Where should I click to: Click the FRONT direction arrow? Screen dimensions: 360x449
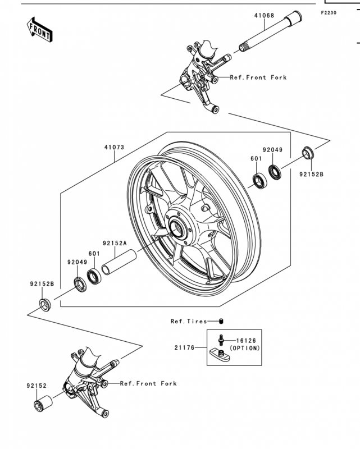[39, 30]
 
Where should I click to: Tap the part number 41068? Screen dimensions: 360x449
[264, 16]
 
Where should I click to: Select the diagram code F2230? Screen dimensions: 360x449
[329, 12]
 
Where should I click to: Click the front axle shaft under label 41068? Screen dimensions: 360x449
[270, 31]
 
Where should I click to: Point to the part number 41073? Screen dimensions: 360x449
[114, 147]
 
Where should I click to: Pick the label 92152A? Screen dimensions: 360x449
[115, 243]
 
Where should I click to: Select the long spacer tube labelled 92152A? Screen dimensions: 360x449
[119, 262]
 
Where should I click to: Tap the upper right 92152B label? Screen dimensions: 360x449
[311, 174]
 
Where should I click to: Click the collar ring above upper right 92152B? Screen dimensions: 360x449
[308, 153]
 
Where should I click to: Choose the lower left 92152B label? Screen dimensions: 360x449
[42, 284]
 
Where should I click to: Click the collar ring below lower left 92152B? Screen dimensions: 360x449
[45, 305]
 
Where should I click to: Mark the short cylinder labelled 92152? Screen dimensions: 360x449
[43, 404]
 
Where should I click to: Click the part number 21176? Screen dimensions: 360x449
[184, 347]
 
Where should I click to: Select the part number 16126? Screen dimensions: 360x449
[246, 341]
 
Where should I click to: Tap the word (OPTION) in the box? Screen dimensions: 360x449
[245, 348]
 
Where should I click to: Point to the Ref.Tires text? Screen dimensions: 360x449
[189, 321]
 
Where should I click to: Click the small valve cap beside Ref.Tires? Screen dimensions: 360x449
[221, 321]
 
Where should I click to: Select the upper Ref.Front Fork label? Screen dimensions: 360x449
[258, 77]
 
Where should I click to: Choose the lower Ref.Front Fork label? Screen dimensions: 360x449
[148, 383]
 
